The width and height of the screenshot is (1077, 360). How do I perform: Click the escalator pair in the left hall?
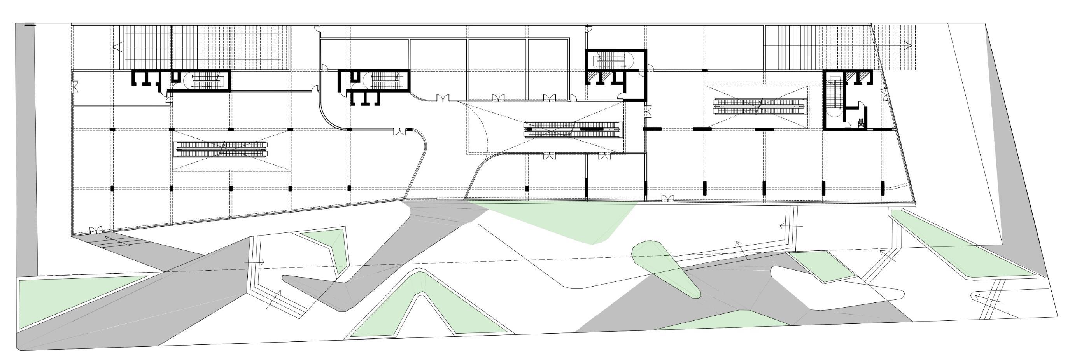[x=221, y=149]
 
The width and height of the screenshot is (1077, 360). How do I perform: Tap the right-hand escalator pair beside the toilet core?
[x=758, y=106]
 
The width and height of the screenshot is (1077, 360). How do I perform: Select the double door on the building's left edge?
[x=75, y=87]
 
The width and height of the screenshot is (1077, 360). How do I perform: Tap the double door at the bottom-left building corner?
[x=96, y=229]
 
